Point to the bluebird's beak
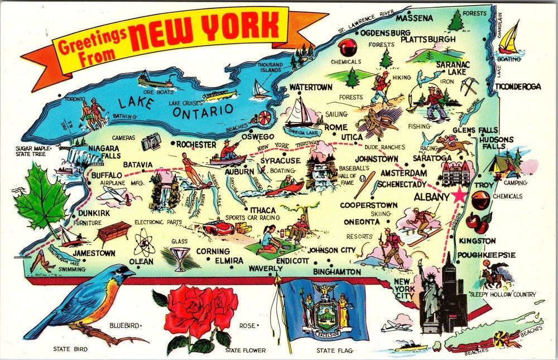(132, 273)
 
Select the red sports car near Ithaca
(218, 227)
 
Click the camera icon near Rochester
(151, 143)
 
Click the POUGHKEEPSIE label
(485, 255)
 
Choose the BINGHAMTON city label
(337, 271)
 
